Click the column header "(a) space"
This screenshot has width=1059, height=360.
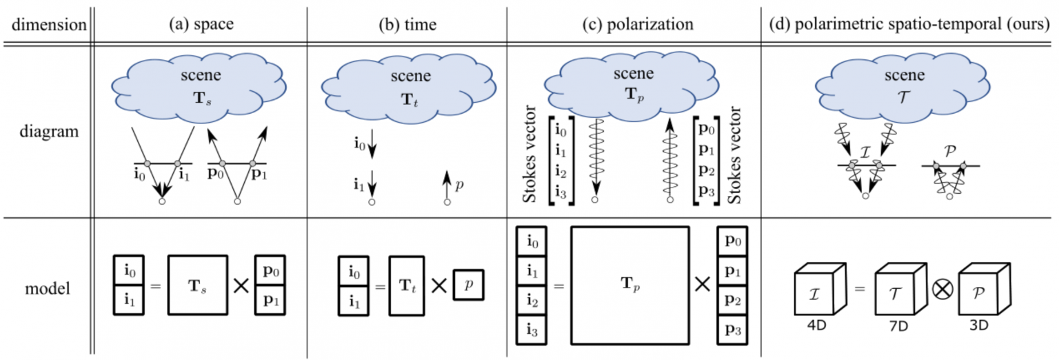[201, 24]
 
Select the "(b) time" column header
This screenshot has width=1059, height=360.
[407, 25]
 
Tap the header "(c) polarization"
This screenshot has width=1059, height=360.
[638, 24]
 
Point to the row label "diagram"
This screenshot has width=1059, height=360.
[49, 132]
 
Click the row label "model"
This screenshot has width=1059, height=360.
[48, 288]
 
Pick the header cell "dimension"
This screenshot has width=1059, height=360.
[49, 25]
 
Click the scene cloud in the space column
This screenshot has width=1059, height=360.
[199, 88]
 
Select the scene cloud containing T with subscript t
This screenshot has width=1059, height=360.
[409, 89]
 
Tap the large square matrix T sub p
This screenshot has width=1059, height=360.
[629, 286]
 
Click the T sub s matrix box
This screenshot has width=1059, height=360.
[198, 286]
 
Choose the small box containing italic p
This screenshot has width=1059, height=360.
[469, 285]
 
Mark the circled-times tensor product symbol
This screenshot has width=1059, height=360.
[942, 290]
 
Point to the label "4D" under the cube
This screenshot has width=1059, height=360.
[816, 326]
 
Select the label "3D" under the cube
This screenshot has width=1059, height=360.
[978, 326]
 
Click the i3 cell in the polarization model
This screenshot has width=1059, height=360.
[532, 330]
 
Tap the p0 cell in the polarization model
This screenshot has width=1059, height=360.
[732, 241]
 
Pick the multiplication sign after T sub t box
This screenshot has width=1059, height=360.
[439, 286]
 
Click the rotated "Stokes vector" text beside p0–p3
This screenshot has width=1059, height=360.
[734, 155]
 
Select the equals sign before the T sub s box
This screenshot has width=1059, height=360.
[156, 286]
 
